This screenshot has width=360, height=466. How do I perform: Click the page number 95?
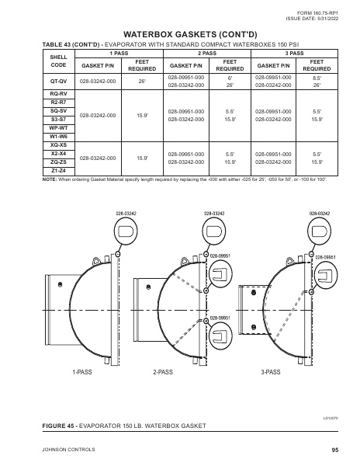click(335, 450)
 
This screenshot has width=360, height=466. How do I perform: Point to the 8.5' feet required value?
click(317, 78)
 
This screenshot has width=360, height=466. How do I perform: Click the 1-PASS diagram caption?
click(82, 373)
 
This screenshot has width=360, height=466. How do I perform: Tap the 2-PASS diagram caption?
click(163, 373)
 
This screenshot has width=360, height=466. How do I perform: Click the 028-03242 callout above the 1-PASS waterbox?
click(126, 211)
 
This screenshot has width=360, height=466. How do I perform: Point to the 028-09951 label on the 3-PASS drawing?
click(324, 256)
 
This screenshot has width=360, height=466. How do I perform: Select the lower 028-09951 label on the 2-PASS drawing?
click(220, 318)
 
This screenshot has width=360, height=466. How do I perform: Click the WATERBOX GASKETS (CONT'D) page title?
click(179, 35)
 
